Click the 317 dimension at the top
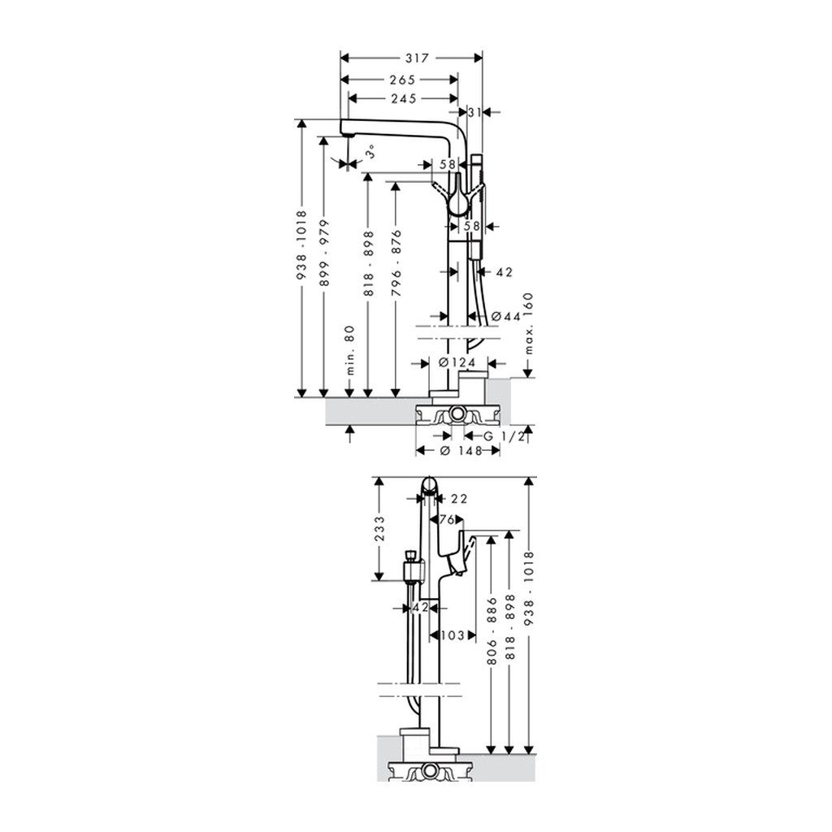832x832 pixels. pyautogui.click(x=411, y=58)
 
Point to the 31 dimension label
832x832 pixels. pyautogui.click(x=476, y=111)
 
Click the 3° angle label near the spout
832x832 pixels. pyautogui.click(x=370, y=150)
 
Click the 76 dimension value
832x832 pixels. pyautogui.click(x=448, y=519)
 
